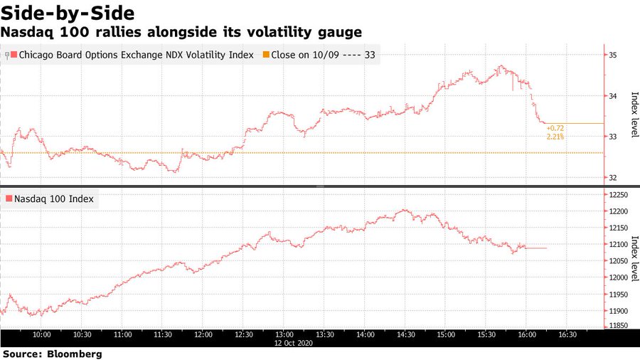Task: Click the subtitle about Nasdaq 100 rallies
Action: tap(181, 33)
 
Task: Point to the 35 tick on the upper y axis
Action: tap(612, 55)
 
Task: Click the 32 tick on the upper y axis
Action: tap(612, 177)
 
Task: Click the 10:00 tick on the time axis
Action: tap(41, 334)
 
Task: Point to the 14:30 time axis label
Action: tap(406, 334)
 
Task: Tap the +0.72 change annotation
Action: tap(556, 128)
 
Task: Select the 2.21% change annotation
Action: tap(556, 136)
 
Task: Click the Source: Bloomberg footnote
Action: tap(53, 353)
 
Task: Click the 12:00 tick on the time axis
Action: tap(203, 334)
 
